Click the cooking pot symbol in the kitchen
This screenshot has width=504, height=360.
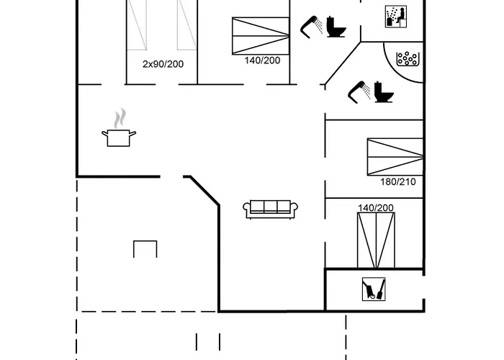point(119,138)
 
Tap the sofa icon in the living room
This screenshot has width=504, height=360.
point(270,210)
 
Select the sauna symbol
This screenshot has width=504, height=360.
point(396,17)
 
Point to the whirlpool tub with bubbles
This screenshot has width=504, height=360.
point(408,59)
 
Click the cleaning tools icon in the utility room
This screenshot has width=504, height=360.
point(374,289)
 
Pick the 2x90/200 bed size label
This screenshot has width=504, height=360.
point(163,64)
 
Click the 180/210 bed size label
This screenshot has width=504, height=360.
point(398,181)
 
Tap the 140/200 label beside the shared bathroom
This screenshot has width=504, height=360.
point(262,60)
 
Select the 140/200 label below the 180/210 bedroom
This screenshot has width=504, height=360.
point(376,208)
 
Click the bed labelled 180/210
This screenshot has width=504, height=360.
point(395,157)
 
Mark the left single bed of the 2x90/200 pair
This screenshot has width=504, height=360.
point(137,25)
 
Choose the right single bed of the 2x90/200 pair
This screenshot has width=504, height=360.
point(186,25)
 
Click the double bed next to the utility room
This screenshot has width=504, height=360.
point(376,240)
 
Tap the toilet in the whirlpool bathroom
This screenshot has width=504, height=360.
point(384,92)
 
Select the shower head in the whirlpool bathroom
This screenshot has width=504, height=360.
point(359,91)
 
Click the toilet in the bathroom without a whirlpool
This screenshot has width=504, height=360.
point(336,27)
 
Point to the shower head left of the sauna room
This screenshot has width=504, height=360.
point(312,27)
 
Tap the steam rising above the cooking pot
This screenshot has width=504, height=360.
point(120,118)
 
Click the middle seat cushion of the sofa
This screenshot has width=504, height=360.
point(270,206)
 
